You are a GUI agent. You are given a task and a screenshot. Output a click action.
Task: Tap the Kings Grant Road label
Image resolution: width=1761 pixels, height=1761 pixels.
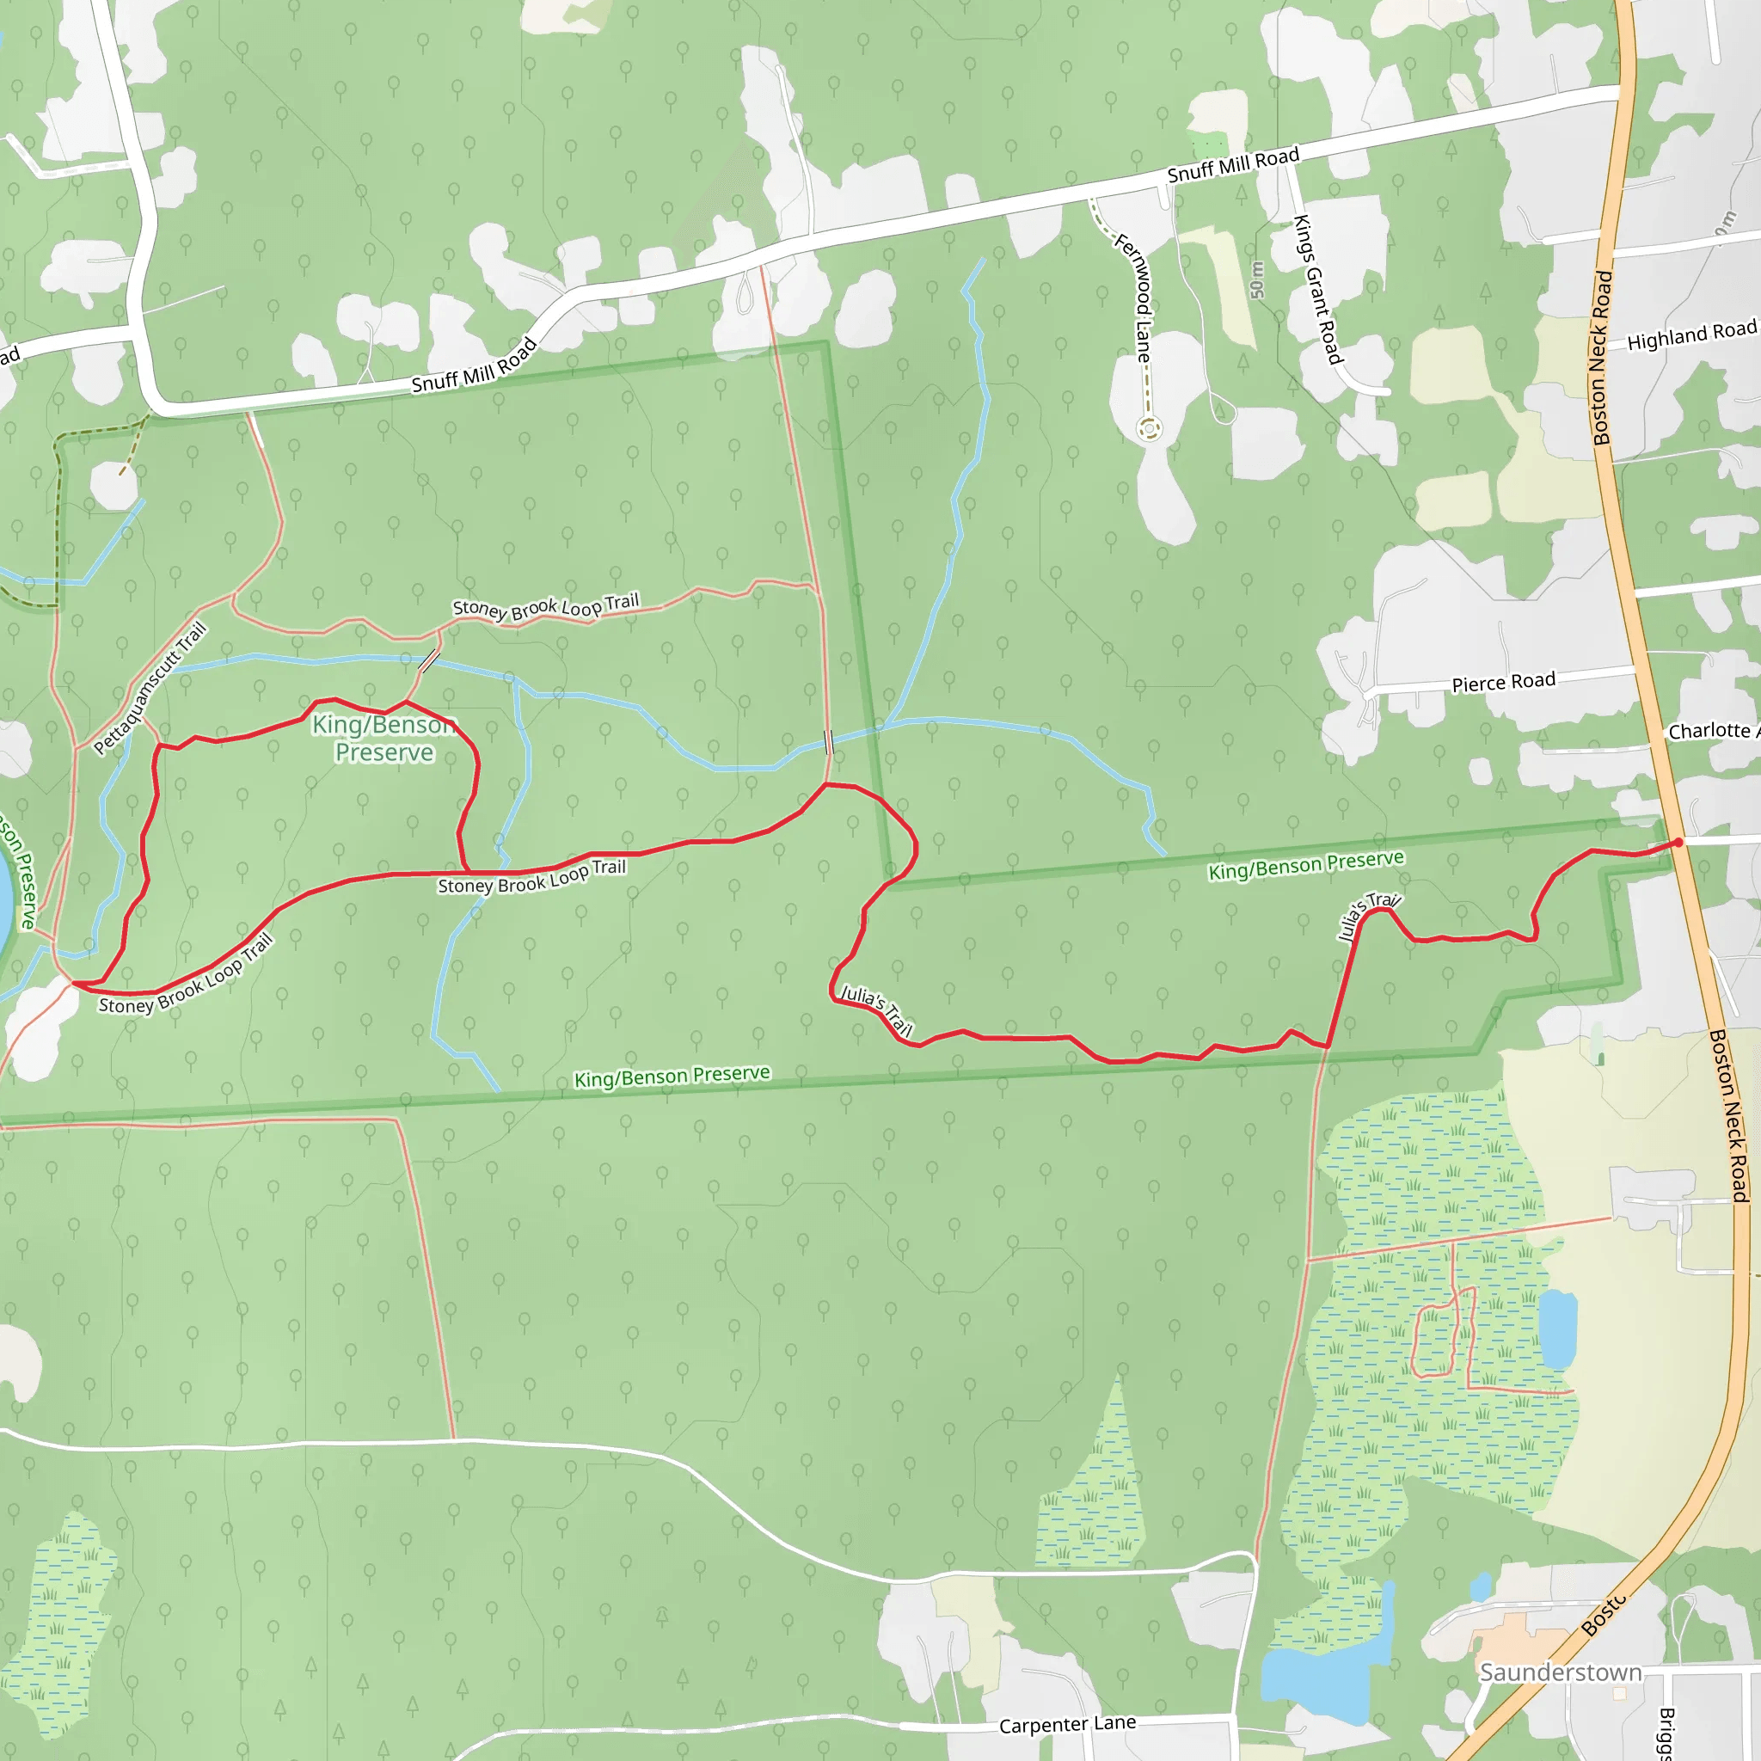point(1318,289)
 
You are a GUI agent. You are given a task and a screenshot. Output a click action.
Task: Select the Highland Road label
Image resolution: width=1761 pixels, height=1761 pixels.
point(1690,336)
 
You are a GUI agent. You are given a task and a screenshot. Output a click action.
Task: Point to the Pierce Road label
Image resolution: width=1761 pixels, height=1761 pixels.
point(1503,683)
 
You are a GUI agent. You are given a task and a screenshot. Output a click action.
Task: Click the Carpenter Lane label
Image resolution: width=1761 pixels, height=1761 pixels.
point(1067,1725)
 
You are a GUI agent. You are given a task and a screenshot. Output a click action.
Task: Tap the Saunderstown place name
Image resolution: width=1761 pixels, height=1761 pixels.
point(1561,1672)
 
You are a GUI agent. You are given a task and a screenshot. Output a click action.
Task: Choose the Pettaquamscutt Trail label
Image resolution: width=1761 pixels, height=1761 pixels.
point(150,688)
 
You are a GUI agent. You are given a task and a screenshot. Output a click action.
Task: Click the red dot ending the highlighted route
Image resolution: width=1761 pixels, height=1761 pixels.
point(1678,842)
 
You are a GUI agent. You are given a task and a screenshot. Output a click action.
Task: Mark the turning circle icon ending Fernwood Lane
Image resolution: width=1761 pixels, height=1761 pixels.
point(1150,427)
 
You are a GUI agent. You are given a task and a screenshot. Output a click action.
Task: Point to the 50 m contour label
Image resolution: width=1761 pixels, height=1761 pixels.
point(1258,279)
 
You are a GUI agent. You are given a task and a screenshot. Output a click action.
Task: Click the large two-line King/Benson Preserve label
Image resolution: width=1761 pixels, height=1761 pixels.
point(383,739)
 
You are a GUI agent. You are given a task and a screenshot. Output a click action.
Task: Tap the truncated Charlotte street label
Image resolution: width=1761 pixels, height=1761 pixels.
point(1712,731)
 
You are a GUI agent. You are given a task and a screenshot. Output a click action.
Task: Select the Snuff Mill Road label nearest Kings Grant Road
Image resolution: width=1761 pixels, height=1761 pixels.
point(1233,165)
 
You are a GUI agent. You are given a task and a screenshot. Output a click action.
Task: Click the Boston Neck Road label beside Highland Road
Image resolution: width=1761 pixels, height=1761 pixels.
point(1603,358)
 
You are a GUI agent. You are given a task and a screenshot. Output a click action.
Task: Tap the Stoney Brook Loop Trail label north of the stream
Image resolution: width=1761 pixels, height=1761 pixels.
point(546,607)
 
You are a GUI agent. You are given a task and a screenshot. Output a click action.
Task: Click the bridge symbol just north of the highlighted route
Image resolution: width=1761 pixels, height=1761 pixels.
point(829,743)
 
